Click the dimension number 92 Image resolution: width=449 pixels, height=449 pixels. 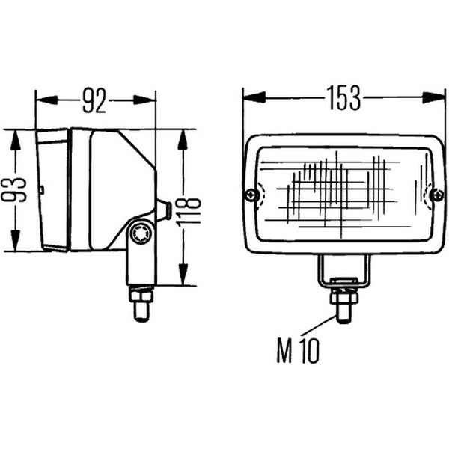[94, 100]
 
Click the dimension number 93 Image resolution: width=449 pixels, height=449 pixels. [13, 189]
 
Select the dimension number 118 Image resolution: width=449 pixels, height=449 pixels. [189, 212]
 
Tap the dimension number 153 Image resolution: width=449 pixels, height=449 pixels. [343, 98]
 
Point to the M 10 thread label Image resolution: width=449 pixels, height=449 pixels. [298, 351]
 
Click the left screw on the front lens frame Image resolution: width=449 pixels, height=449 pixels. [252, 195]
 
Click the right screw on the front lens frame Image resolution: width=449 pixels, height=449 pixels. [438, 195]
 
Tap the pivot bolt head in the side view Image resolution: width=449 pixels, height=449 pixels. [141, 234]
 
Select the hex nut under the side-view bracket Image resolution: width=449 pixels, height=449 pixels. [141, 294]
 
